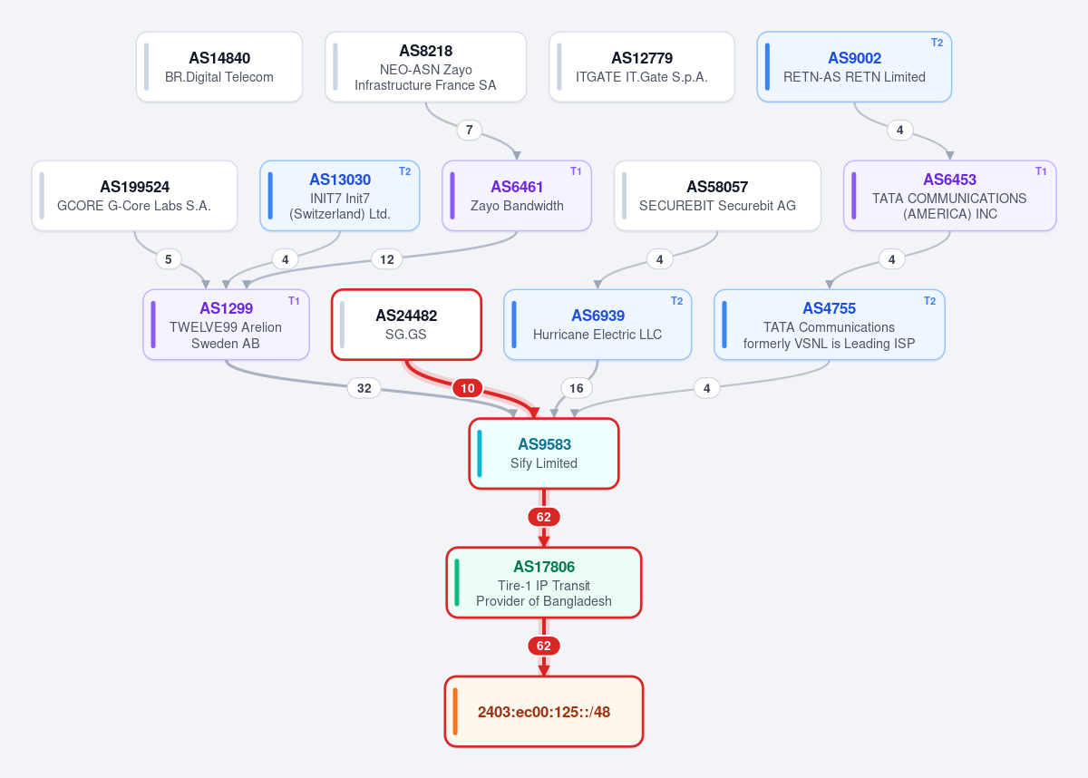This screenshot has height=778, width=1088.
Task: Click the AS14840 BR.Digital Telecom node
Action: (219, 67)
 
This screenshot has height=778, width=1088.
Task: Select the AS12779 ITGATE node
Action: (642, 67)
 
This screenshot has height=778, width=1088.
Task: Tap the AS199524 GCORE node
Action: (134, 196)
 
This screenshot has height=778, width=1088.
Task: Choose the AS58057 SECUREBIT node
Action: (717, 196)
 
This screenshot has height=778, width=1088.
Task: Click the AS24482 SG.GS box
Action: (406, 325)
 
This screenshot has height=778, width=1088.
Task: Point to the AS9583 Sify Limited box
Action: (544, 453)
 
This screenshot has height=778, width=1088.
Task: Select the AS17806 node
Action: (544, 583)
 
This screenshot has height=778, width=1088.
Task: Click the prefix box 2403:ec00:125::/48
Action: (544, 712)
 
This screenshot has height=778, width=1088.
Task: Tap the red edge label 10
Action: (467, 388)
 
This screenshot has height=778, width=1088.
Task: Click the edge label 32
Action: (364, 388)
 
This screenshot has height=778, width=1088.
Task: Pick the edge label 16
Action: (576, 388)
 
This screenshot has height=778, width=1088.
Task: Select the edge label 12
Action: (386, 259)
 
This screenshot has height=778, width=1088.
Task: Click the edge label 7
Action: (470, 130)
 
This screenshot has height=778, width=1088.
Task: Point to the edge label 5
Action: (168, 259)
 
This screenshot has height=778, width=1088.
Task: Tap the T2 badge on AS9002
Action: (937, 43)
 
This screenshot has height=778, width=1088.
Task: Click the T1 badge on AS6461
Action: (576, 171)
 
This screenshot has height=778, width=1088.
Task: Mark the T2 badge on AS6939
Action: (676, 301)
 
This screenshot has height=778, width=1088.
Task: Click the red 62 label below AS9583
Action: (544, 517)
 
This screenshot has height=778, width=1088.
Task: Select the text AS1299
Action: (227, 308)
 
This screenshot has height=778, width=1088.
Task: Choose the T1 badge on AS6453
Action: (1041, 171)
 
